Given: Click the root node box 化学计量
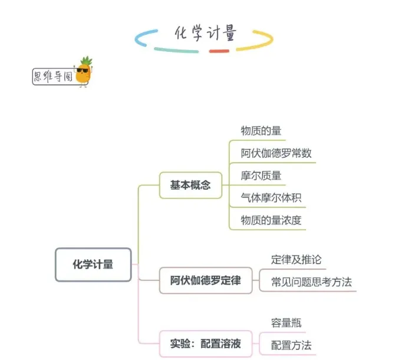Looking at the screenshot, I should coord(93,265).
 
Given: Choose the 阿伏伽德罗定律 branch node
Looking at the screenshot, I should coord(205,280).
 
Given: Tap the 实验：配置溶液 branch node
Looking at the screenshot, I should coord(205,342).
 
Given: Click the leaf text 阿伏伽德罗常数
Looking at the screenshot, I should coord(276,153).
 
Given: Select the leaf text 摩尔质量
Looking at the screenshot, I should coord(261,176).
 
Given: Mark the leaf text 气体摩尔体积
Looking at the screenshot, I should coord(271,197).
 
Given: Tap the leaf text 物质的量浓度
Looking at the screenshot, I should coord(271,220).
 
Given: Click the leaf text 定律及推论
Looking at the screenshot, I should coord(296,259).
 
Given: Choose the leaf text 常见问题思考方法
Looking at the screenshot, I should coord(311,282).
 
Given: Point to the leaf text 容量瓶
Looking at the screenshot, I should coord(287,322).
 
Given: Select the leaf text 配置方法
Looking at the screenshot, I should coord(291,345).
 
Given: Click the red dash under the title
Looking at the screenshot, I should coord(219,51).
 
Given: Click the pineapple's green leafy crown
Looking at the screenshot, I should coord(86,61).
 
